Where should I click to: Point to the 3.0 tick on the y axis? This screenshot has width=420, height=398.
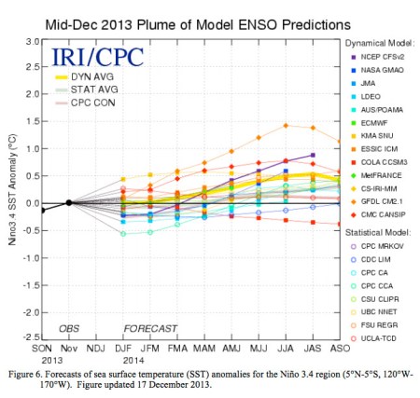pyautogui.click(x=31, y=42)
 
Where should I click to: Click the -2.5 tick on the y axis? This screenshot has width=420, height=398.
pyautogui.click(x=29, y=337)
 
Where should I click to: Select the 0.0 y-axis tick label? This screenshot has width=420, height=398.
pyautogui.click(x=31, y=203)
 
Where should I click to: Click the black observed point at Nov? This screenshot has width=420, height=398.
pyautogui.click(x=69, y=202)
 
